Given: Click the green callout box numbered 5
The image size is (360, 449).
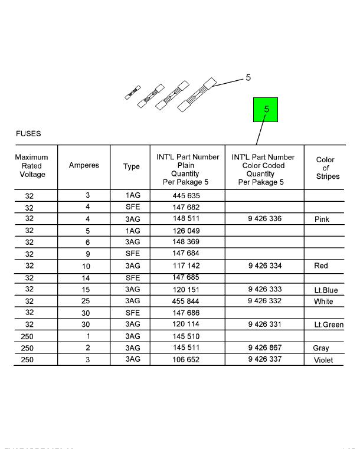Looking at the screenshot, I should coord(265,110).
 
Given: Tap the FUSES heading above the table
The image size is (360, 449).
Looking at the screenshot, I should coord(28,133).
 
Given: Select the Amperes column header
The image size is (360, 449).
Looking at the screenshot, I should coord(84,166).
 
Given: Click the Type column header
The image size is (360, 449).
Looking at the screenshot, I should coord(132,166).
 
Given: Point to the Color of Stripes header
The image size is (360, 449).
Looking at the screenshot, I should coord(325,168).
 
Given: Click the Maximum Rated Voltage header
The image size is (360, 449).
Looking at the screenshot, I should coord(32,166).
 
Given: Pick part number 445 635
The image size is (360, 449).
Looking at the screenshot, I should coord(186,196).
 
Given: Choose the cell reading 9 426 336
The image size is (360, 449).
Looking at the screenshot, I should coord(265,219).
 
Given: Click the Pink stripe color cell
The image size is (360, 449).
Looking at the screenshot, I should coord(322,219).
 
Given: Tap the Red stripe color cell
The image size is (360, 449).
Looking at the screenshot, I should coord(321,266).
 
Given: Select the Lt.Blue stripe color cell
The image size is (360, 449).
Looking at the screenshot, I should coord(326,290).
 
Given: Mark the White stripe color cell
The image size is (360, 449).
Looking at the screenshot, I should coord(323,301).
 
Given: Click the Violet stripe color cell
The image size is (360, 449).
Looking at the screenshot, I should coord(323,360).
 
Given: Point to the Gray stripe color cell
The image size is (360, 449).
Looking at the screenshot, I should coord(321,348).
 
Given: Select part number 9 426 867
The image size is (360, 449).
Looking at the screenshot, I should coord(265,348).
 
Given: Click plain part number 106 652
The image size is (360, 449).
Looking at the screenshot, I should coord(186,360).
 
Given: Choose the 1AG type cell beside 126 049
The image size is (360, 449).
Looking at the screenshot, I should coord(132,231).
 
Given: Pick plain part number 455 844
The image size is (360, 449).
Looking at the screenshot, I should coord(186,301).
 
